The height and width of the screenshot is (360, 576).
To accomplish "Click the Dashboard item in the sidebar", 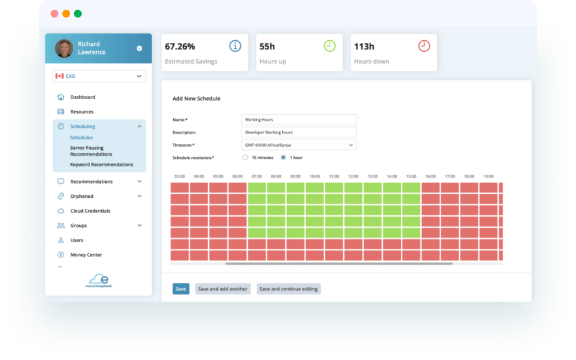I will click(x=82, y=97).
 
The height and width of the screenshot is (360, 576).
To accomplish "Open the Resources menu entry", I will click(x=82, y=112).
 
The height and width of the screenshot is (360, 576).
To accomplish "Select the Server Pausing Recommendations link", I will click(x=91, y=151).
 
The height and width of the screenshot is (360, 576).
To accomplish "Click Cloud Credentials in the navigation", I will click(x=90, y=211).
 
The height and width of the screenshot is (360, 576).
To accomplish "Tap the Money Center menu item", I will click(x=86, y=255).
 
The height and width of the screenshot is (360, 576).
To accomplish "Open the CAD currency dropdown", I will click(x=99, y=77).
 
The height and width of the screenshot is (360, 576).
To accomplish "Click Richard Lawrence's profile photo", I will click(x=64, y=49).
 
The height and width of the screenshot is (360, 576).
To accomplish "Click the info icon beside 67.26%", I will click(x=235, y=46).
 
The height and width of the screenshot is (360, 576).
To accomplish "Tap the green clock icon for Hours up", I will click(x=330, y=46).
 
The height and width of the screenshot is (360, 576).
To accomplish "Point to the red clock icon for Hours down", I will click(x=424, y=46).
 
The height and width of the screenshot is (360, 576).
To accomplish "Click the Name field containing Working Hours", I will click(x=298, y=119).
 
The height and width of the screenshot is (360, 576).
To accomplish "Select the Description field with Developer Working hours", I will click(x=298, y=132).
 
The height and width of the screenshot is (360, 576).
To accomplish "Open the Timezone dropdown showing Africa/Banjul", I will click(x=298, y=145).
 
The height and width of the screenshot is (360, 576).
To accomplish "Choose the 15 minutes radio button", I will click(x=245, y=158).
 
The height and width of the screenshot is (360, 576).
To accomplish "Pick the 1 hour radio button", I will click(x=283, y=158).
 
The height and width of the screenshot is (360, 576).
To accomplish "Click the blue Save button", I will click(x=181, y=289).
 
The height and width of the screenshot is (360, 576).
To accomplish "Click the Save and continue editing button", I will click(x=289, y=289).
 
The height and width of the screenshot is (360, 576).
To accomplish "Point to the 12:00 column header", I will click(x=353, y=176).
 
